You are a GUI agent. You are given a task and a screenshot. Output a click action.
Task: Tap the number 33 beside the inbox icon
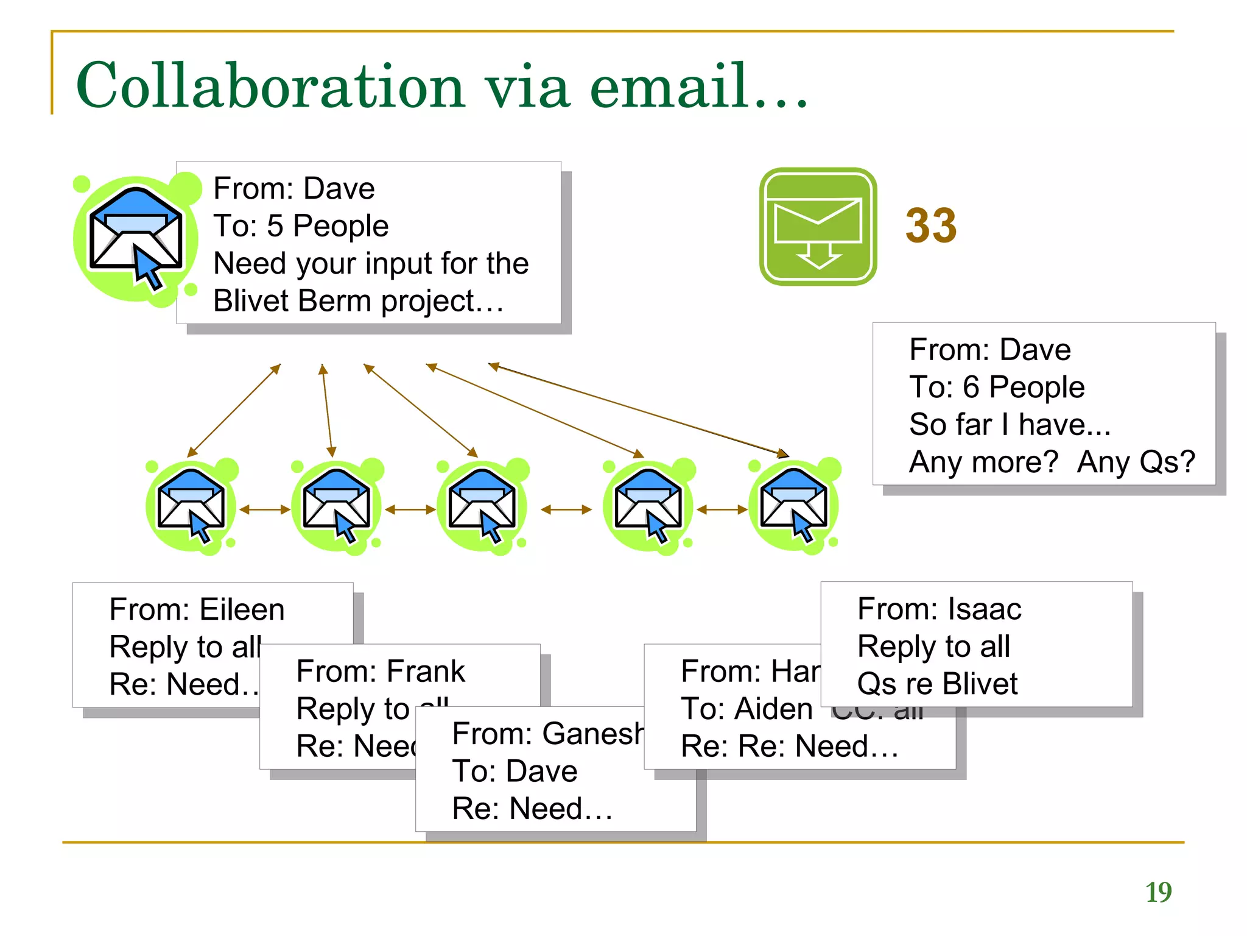[930, 226]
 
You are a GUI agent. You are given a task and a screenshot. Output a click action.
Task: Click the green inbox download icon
[818, 227]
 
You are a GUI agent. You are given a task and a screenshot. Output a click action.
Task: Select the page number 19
[1158, 892]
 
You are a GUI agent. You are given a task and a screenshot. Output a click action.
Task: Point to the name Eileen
[242, 609]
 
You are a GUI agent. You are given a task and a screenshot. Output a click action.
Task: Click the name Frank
[426, 672]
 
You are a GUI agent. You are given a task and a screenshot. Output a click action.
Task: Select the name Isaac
[985, 609]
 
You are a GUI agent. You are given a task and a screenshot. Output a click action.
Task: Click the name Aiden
[773, 709]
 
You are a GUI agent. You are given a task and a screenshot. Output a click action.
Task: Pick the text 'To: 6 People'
[996, 387]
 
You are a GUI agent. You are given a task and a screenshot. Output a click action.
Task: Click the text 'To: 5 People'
[300, 226]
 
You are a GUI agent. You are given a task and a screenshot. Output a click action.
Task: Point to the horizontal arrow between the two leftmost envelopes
[264, 509]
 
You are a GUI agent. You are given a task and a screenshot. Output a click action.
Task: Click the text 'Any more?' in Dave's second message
[983, 462]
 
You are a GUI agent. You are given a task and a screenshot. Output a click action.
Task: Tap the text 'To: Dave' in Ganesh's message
[515, 771]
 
